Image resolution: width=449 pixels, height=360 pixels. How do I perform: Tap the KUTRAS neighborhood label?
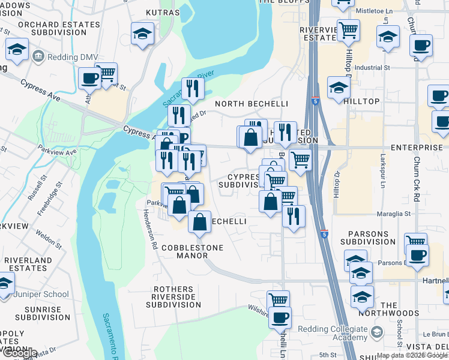click(x=163, y=12)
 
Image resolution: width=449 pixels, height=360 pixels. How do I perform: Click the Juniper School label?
click(x=47, y=295)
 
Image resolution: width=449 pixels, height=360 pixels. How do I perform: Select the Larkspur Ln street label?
click(x=382, y=175)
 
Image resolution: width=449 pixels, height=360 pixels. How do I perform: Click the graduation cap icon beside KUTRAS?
click(x=143, y=34)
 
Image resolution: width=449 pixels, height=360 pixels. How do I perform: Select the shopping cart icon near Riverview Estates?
click(x=348, y=30)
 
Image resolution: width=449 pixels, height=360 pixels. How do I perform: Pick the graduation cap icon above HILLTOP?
click(x=339, y=88)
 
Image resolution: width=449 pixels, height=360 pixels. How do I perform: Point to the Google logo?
click(x=19, y=353)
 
